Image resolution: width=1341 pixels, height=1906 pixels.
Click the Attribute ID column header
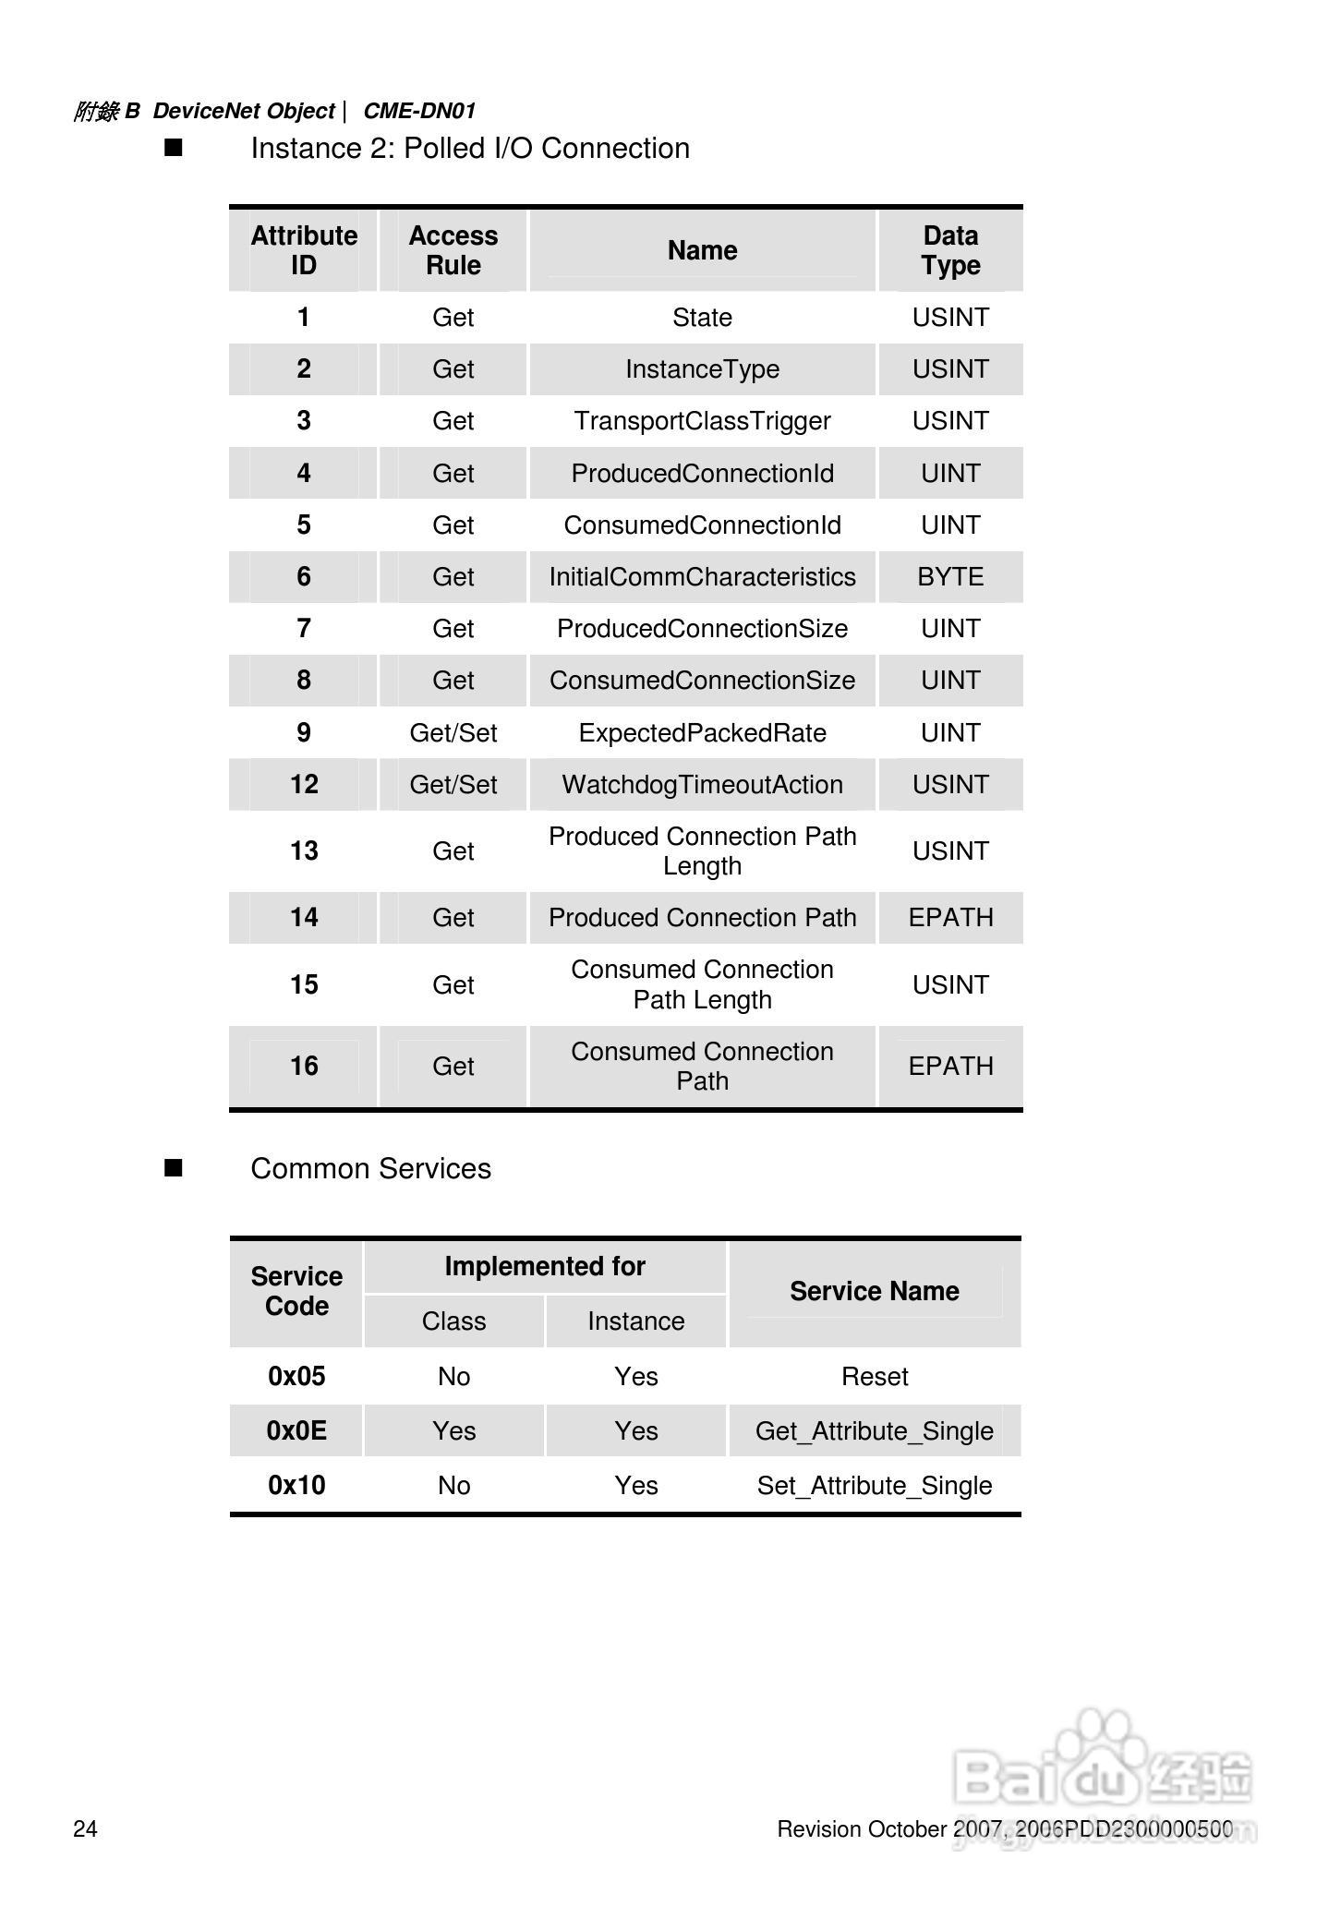pos(304,250)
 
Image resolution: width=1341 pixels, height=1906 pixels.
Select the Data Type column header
pos(950,250)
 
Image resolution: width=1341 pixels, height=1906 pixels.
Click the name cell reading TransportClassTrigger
pos(702,421)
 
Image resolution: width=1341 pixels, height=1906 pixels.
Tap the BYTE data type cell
pos(950,577)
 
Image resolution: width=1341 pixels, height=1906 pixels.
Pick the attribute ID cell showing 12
pos(304,785)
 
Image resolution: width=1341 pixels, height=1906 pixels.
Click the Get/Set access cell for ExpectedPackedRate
pos(453,733)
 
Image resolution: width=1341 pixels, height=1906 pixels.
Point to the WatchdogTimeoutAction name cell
pos(702,785)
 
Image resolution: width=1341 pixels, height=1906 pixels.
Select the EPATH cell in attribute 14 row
pos(950,918)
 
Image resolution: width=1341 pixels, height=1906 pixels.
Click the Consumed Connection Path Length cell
pos(702,984)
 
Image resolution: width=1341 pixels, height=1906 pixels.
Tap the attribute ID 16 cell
pos(304,1067)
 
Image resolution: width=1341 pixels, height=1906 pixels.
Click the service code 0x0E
pos(296,1431)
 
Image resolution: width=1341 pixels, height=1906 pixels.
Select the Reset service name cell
pos(874,1377)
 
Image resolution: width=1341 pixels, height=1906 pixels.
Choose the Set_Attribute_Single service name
pos(874,1486)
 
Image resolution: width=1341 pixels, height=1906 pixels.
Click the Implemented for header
pos(545,1266)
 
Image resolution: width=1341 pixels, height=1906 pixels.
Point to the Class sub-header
pos(453,1321)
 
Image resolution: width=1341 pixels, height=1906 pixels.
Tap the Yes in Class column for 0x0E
pos(453,1431)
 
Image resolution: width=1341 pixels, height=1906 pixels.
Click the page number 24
pos(85,1829)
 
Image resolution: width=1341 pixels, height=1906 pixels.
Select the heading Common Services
pos(370,1169)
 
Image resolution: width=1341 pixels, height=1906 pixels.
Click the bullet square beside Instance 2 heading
pos(174,148)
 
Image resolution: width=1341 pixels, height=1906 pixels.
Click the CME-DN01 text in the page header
pos(419,111)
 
